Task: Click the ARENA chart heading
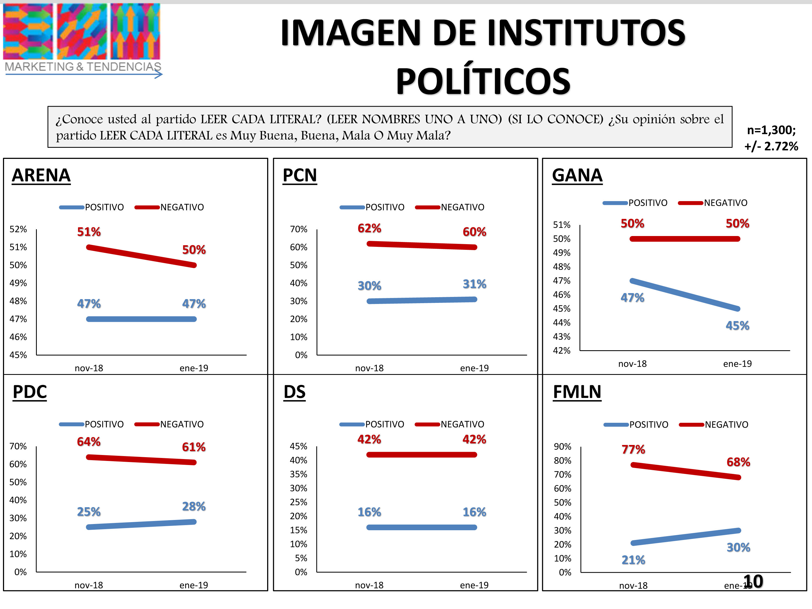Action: point(41,175)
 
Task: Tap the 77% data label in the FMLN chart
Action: point(633,449)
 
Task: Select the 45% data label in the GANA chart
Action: point(738,326)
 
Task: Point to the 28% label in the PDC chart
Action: point(194,507)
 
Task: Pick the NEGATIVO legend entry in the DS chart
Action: point(462,424)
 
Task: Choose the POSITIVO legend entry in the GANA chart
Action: point(647,203)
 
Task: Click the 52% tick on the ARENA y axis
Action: point(18,230)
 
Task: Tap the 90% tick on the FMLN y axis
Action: point(562,447)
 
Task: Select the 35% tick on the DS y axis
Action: point(299,474)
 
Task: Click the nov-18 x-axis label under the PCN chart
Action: point(369,368)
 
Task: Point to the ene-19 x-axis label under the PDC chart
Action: point(194,585)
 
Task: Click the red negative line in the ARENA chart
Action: point(141,256)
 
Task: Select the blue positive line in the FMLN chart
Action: point(686,537)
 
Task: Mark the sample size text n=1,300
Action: point(771,130)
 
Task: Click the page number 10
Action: point(753,581)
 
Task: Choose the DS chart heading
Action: point(294,392)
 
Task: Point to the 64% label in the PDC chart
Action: point(89,442)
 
